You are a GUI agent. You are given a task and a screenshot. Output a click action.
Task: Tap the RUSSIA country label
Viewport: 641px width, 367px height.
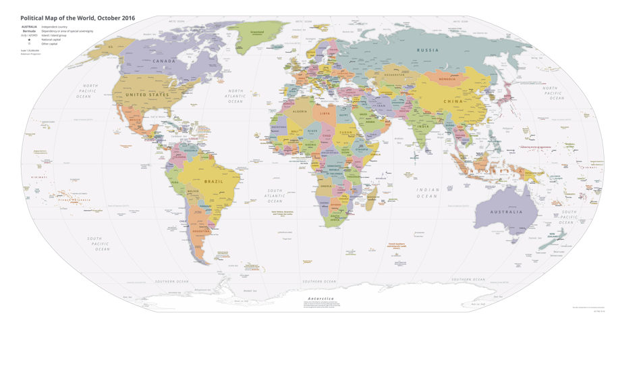click(427, 50)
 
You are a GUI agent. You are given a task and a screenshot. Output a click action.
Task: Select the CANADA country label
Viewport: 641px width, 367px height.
click(164, 61)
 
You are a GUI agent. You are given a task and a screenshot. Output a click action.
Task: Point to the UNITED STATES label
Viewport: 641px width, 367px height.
click(147, 95)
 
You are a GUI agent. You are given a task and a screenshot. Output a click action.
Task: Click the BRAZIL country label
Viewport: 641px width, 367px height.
click(214, 182)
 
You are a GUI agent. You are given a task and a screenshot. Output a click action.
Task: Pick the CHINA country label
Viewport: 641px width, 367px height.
click(453, 101)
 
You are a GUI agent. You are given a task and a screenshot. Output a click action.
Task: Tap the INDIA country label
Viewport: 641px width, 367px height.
click(423, 126)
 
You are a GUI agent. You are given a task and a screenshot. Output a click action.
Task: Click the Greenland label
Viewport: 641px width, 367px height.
click(257, 32)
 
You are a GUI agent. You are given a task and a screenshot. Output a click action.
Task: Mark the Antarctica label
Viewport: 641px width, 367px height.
click(320, 298)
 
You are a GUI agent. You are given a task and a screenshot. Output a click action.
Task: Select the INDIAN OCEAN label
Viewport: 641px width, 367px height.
click(427, 193)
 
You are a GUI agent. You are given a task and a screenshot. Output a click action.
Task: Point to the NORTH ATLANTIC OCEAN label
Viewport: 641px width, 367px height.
click(235, 96)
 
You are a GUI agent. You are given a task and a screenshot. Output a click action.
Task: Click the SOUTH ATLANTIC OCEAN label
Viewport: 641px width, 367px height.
click(275, 196)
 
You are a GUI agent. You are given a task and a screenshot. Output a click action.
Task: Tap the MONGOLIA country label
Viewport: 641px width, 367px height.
click(447, 79)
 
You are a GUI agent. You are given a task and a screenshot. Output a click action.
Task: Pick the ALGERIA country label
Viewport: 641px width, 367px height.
click(300, 111)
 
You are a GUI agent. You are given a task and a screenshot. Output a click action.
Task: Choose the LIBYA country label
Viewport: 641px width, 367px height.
click(326, 114)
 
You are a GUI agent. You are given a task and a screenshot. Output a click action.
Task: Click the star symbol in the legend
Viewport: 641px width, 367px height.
click(29, 40)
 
